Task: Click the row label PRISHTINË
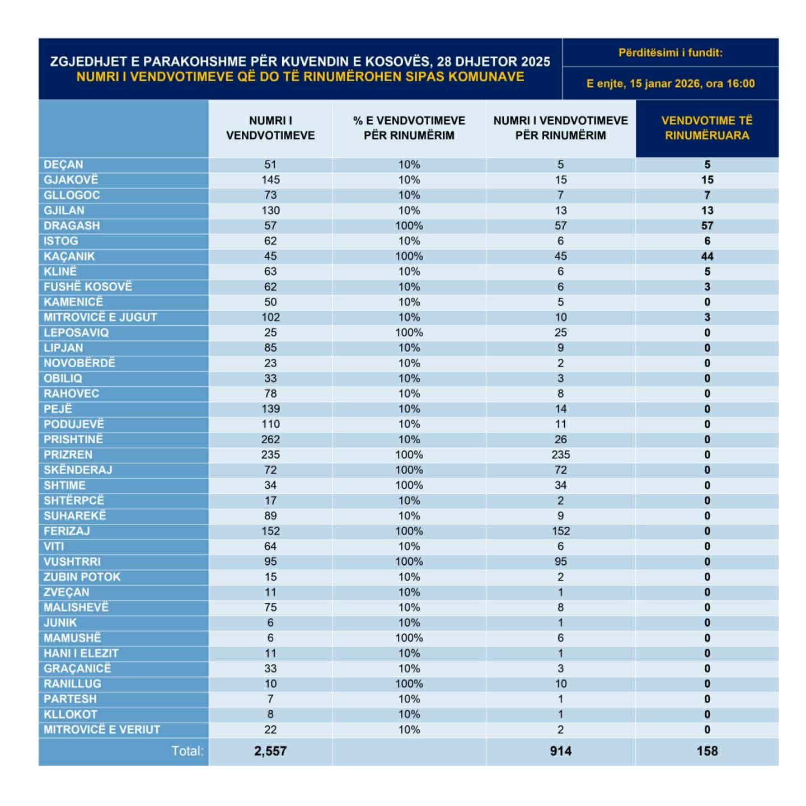click(73, 439)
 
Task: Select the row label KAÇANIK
click(69, 256)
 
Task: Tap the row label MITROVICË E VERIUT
click(102, 729)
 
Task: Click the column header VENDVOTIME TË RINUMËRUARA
click(707, 128)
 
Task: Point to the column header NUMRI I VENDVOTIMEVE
click(270, 128)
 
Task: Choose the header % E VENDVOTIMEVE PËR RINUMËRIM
click(409, 128)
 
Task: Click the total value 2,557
click(270, 751)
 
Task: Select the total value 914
click(560, 751)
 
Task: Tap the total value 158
click(707, 751)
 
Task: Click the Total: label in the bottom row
click(188, 751)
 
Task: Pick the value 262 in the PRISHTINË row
click(270, 439)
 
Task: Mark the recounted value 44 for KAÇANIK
click(707, 256)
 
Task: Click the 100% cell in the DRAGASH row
click(409, 226)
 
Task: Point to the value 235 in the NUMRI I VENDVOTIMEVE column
click(270, 454)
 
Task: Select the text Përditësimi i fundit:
click(670, 53)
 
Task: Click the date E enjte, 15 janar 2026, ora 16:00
click(670, 83)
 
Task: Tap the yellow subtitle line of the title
click(300, 77)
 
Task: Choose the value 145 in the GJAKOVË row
click(270, 180)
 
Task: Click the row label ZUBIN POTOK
click(82, 577)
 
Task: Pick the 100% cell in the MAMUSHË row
click(409, 638)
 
